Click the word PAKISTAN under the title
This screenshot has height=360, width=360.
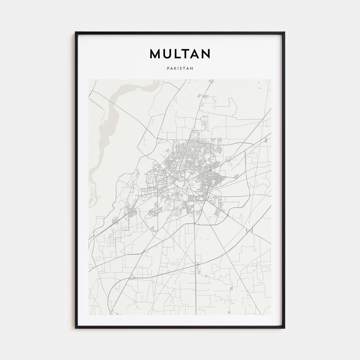point(180,69)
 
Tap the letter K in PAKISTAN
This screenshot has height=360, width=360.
point(174,69)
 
